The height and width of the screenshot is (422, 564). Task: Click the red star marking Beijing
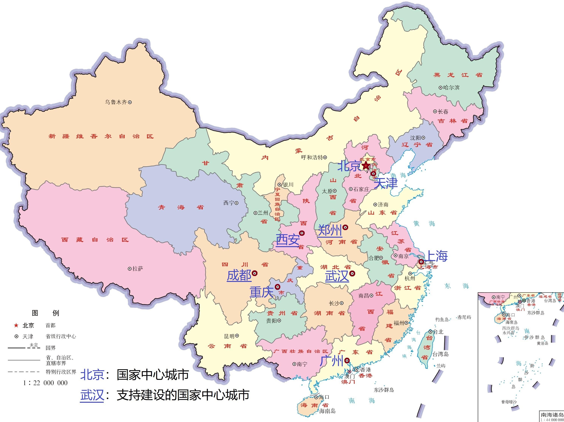(x=366, y=165)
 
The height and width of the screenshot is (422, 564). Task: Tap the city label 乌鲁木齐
(x=116, y=102)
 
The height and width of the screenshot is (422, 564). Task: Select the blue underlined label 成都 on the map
(x=239, y=276)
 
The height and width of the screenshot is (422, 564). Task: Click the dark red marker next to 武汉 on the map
(x=352, y=274)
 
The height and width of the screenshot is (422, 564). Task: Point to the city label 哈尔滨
(x=451, y=88)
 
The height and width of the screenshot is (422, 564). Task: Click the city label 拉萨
(x=138, y=269)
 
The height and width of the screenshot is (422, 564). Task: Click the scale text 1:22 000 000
(x=45, y=383)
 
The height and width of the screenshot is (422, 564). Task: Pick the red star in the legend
(x=16, y=325)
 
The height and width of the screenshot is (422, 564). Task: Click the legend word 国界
(x=50, y=348)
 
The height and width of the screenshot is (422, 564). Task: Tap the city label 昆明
(x=229, y=336)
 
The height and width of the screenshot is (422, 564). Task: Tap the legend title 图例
(x=45, y=313)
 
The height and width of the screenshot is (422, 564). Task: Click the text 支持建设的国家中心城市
(x=183, y=395)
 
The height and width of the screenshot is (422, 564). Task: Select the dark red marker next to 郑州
(x=346, y=227)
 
